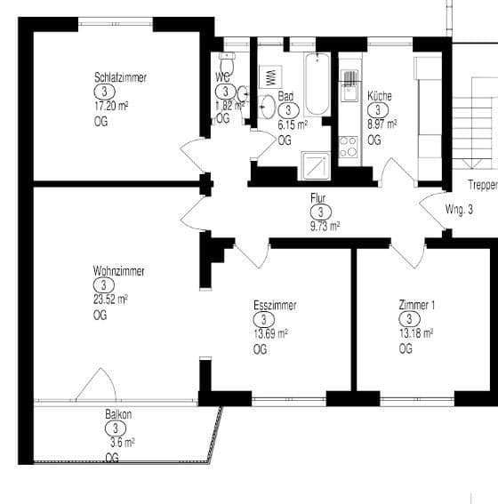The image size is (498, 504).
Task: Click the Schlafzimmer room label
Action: point(120,77)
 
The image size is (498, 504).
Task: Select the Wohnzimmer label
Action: point(118,271)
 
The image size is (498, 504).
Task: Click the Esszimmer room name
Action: point(275,306)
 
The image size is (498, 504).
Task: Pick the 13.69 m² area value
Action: point(270,333)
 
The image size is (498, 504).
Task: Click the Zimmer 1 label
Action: point(418,305)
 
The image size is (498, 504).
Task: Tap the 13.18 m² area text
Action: point(416,333)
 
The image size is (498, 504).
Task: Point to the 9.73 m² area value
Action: point(325,226)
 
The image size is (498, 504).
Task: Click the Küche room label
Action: point(380,96)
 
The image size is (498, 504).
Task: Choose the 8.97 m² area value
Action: point(382,124)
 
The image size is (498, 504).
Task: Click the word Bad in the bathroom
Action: point(285,96)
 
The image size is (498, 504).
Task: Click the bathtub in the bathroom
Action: point(317,84)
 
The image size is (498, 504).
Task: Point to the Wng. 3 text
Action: point(459,211)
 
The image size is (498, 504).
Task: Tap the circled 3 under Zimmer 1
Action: point(409,319)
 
